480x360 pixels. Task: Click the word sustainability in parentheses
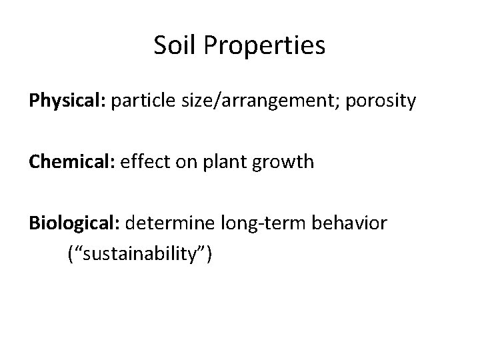(141, 253)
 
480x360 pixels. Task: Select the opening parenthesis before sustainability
(71, 253)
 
